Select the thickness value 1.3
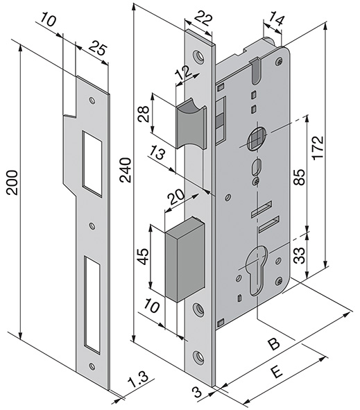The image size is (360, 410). tap(139, 381)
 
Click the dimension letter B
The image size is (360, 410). tap(274, 343)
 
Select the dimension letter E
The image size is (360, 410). tap(276, 373)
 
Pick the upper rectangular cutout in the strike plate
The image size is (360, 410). tap(91, 160)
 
